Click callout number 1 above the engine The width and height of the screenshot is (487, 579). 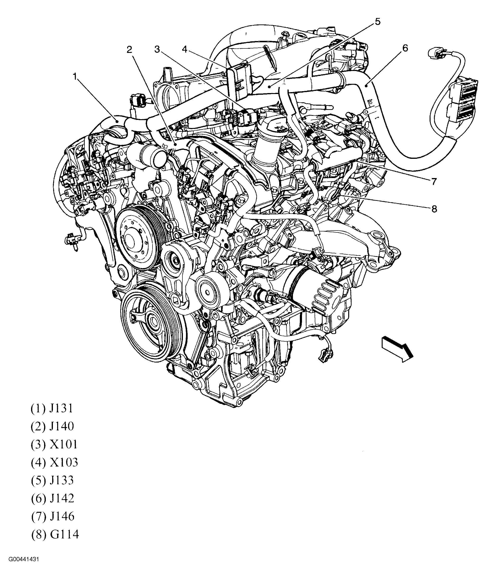74,76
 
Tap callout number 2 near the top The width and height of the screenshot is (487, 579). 130,50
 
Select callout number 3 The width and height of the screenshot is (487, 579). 157,49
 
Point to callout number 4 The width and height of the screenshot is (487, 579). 185,49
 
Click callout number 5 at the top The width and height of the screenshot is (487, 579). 377,22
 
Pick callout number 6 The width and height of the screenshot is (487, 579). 405,48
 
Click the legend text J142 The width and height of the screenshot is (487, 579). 62,498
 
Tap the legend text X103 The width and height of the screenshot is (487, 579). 64,462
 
